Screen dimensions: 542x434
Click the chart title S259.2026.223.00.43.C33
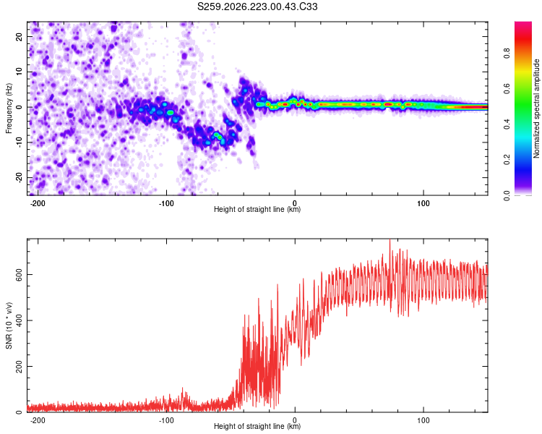(x=257, y=7)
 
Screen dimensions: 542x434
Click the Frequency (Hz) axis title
(x=9, y=109)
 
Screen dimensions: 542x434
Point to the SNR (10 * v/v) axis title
(x=9, y=325)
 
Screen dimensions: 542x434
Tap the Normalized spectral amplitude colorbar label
(x=536, y=109)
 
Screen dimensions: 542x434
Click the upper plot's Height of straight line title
(x=257, y=209)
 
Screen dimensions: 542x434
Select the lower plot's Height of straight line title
(x=257, y=426)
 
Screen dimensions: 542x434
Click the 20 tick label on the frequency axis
(x=19, y=37)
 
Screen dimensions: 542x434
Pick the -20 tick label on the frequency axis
(x=19, y=177)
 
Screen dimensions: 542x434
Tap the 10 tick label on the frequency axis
(x=19, y=72)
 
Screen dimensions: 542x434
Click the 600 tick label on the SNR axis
(x=19, y=274)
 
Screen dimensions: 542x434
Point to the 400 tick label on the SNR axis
(x=19, y=320)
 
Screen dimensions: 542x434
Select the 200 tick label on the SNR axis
(x=19, y=366)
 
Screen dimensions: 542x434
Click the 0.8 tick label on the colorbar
(x=507, y=54)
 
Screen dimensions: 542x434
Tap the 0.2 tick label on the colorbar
(x=507, y=160)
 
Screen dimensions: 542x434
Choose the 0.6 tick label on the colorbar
(x=507, y=89)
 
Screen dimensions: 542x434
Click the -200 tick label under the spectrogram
(x=38, y=203)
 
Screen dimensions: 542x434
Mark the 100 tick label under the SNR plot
(x=423, y=420)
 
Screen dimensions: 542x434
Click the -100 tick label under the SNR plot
(x=166, y=420)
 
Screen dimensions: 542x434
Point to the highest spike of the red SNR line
(x=390, y=240)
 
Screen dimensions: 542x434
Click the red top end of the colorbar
(x=523, y=23)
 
